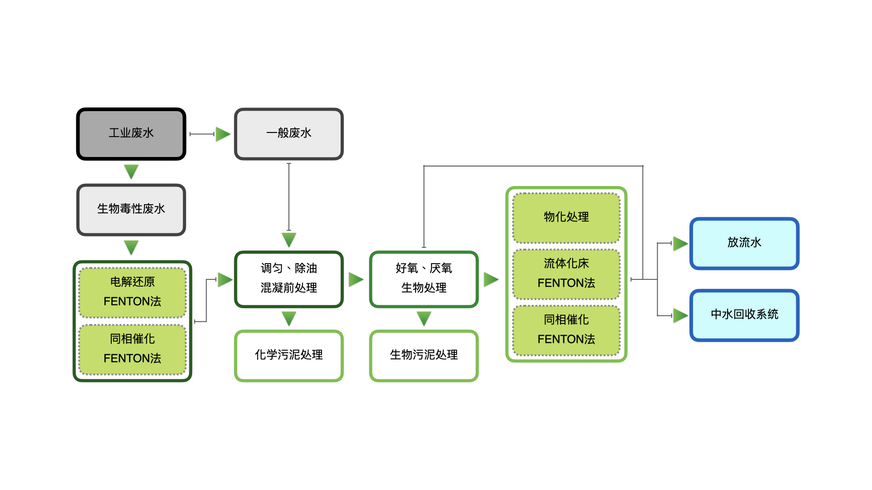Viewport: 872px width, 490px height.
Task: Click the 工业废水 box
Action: pos(131,134)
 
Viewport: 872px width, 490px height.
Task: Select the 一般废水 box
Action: pos(289,134)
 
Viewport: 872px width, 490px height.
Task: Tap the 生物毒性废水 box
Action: pos(131,210)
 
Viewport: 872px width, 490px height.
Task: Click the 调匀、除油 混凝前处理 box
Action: pos(289,279)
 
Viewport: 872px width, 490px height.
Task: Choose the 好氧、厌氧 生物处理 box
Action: pos(424,279)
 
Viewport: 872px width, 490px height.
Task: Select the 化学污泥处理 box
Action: pos(289,356)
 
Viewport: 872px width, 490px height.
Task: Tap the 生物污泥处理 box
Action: pos(424,356)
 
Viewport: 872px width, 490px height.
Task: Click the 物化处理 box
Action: pos(566,218)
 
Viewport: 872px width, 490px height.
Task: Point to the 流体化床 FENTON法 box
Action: pos(566,274)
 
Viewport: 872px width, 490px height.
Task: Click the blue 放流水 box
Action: pos(744,244)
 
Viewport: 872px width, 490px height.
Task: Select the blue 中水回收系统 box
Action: pos(744,315)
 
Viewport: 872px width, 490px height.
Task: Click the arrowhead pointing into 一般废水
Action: pos(223,134)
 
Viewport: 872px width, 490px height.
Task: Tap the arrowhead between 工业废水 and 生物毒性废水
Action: pos(131,171)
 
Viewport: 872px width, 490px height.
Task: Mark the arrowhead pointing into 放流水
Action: pos(680,244)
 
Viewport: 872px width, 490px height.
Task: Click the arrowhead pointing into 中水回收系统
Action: pos(680,315)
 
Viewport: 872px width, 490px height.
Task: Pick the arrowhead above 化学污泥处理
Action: pos(289,318)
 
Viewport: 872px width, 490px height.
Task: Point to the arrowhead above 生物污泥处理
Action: pos(424,318)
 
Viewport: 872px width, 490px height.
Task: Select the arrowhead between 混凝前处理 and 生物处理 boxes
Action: pos(356,279)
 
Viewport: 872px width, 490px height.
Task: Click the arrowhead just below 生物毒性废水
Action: pos(131,247)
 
